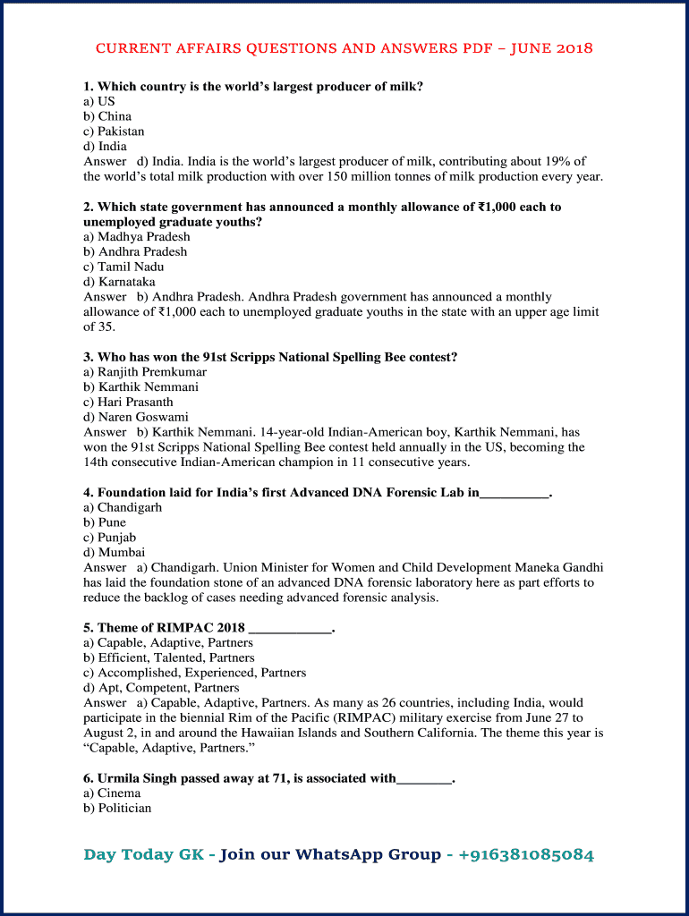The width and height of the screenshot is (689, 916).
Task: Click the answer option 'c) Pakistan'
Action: coord(114,131)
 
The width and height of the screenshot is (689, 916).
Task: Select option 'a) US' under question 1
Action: coord(99,101)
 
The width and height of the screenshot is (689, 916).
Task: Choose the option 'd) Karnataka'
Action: coord(119,282)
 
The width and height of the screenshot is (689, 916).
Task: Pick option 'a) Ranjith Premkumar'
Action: coord(145,372)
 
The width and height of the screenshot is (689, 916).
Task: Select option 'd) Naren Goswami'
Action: coord(136,417)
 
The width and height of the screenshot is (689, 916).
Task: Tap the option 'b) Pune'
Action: coord(105,522)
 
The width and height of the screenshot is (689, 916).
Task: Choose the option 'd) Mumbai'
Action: coord(114,552)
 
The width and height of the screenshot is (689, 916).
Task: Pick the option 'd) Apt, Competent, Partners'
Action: coord(161,688)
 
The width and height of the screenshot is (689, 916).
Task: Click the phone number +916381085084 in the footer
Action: coord(526,854)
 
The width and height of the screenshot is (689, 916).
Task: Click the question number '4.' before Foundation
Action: coord(89,492)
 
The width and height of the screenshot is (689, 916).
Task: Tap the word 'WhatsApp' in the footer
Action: coord(338,854)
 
